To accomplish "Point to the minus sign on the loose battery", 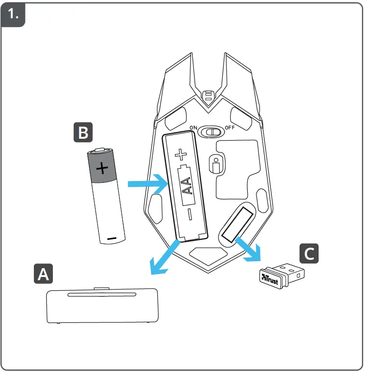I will click(x=112, y=238).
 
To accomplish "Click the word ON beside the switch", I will click(x=192, y=129).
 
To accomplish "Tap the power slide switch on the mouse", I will click(x=211, y=132).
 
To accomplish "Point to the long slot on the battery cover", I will click(x=102, y=295).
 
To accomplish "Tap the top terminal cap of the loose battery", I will click(x=101, y=150).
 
